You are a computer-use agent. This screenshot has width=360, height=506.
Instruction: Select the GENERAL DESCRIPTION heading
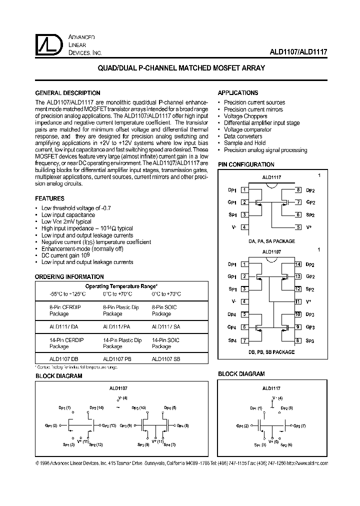67,93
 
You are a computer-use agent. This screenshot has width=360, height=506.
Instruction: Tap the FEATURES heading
49,198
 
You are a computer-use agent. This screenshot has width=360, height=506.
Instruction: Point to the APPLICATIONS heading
238,93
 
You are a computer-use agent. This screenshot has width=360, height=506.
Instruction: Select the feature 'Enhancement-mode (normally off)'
82,248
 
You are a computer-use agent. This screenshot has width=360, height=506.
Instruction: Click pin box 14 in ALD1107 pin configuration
297,264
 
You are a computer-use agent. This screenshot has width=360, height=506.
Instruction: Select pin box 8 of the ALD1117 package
297,190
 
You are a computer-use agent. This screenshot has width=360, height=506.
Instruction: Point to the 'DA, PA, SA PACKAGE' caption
271,241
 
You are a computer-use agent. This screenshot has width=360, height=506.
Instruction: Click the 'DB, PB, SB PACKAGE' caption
271,352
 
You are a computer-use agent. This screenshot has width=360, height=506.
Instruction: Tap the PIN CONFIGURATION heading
246,164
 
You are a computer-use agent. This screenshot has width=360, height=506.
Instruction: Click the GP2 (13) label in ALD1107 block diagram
108,426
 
